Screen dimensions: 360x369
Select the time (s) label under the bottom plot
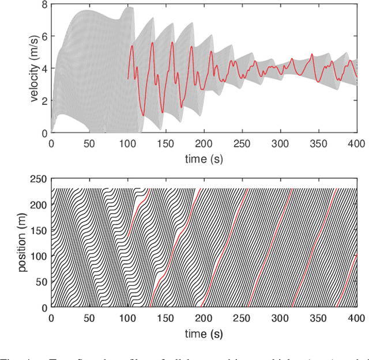coord(204,333)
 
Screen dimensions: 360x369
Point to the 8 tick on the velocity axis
coord(44,4)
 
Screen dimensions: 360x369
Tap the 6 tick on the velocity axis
coord(44,36)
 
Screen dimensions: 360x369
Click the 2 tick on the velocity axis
coord(44,101)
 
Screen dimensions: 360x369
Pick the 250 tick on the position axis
coord(39,179)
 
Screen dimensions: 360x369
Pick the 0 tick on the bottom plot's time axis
coord(51,319)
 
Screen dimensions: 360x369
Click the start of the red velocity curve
coord(128,78)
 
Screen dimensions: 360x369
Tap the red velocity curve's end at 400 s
coord(357,77)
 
